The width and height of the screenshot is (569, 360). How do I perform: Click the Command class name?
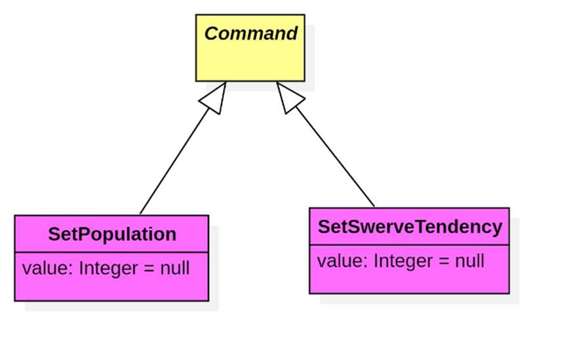coord(250,34)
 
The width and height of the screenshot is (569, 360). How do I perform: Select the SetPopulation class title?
coord(112,234)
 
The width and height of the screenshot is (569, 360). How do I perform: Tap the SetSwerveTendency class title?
coord(410,227)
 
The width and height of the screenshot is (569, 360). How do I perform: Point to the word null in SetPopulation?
coord(174,268)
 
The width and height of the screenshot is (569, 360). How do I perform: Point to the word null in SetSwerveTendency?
coord(469,261)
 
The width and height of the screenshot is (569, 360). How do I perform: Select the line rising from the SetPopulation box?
coord(174,161)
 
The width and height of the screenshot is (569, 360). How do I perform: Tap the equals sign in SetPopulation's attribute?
coord(149,269)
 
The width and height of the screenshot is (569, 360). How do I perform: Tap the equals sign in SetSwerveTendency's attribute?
coord(444,262)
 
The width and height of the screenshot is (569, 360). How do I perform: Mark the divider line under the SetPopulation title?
coord(111,252)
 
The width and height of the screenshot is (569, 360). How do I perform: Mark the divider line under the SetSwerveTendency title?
coord(409,245)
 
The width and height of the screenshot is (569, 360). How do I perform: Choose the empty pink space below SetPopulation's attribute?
coord(111,289)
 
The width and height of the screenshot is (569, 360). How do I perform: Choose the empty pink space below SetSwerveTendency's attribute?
coord(409,281)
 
